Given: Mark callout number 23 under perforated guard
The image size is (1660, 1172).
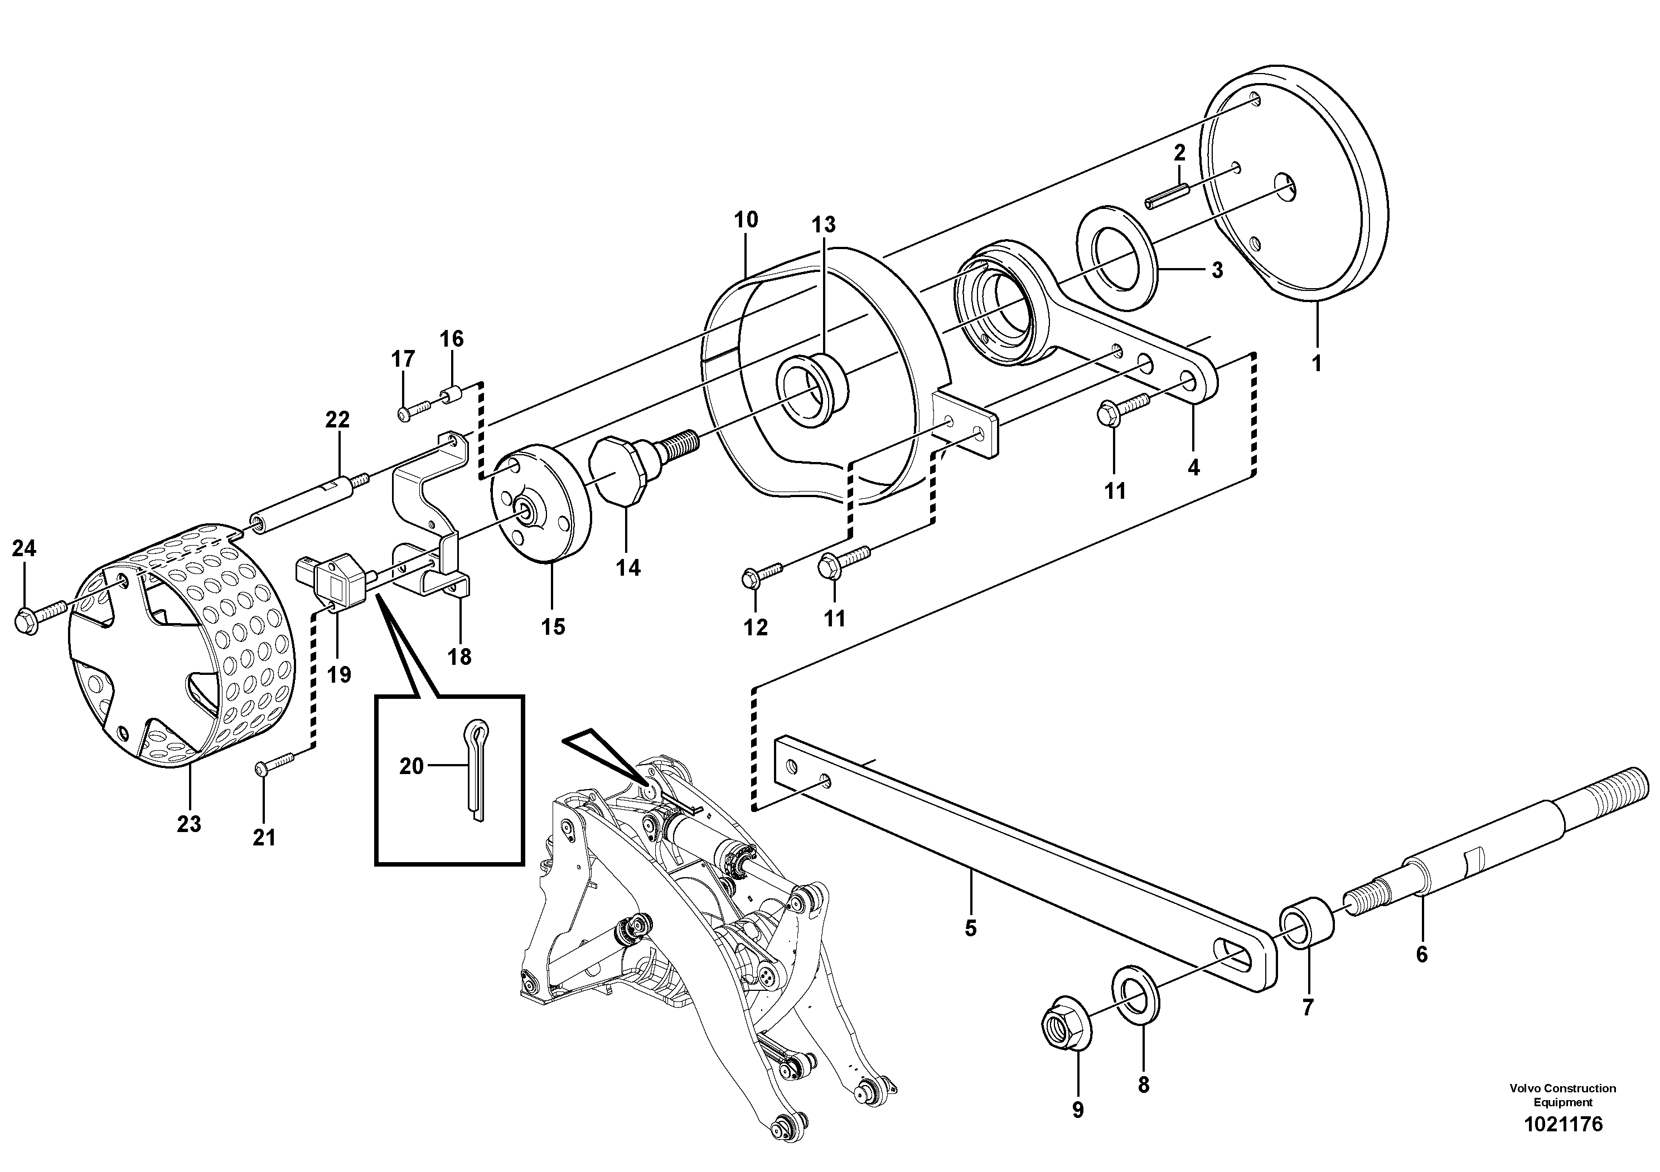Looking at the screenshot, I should pos(188,823).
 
